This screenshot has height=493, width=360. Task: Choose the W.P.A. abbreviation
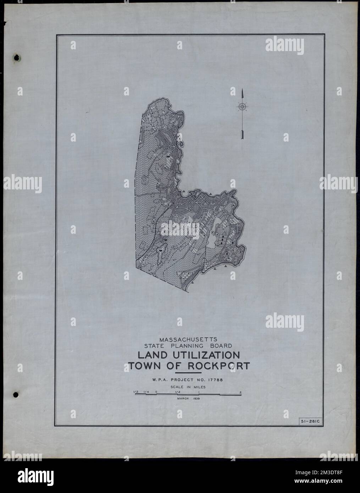pos(159,381)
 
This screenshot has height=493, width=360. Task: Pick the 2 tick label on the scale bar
pos(240,392)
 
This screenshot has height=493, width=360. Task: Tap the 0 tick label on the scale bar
pos(156,392)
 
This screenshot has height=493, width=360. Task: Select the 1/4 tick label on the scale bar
pos(146,392)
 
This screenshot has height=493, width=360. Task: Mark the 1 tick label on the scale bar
pos(199,392)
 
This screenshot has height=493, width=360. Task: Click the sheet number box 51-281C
pos(309,421)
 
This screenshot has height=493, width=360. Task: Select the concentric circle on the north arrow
pos(242,106)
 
